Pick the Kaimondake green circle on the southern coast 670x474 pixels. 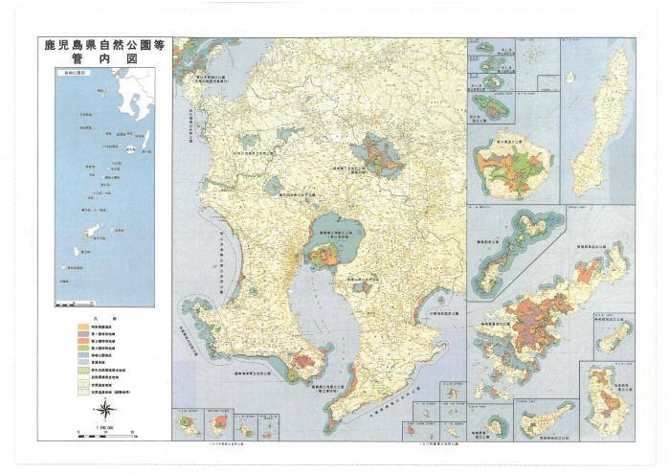click(x=305, y=362)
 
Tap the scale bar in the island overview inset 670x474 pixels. click(x=73, y=303)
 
